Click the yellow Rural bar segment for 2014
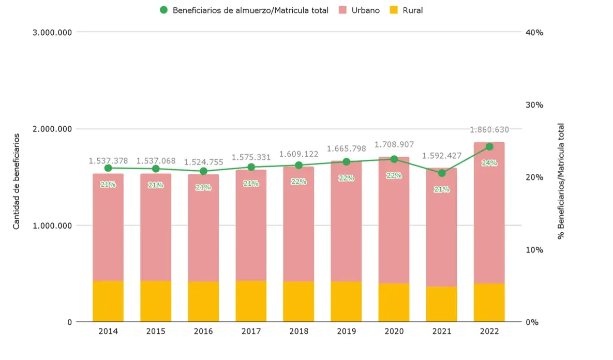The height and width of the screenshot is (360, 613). click(108, 301)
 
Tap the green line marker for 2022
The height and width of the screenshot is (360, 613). click(489, 147)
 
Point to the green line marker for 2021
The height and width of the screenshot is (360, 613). click(441, 173)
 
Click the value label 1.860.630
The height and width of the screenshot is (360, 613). click(489, 130)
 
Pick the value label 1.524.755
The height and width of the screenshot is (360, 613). click(203, 162)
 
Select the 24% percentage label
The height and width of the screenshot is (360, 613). click(489, 163)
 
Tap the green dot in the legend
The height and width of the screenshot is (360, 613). click(164, 10)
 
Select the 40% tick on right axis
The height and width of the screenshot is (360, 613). click(534, 33)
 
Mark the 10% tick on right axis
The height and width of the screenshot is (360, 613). click(534, 250)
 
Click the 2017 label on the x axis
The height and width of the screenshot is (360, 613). click(251, 332)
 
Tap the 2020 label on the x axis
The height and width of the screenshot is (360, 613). click(394, 332)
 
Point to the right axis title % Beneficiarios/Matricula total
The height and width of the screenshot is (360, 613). click(561, 181)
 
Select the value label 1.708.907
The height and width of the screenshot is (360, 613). click(394, 145)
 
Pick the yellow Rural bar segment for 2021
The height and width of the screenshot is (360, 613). click(441, 304)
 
